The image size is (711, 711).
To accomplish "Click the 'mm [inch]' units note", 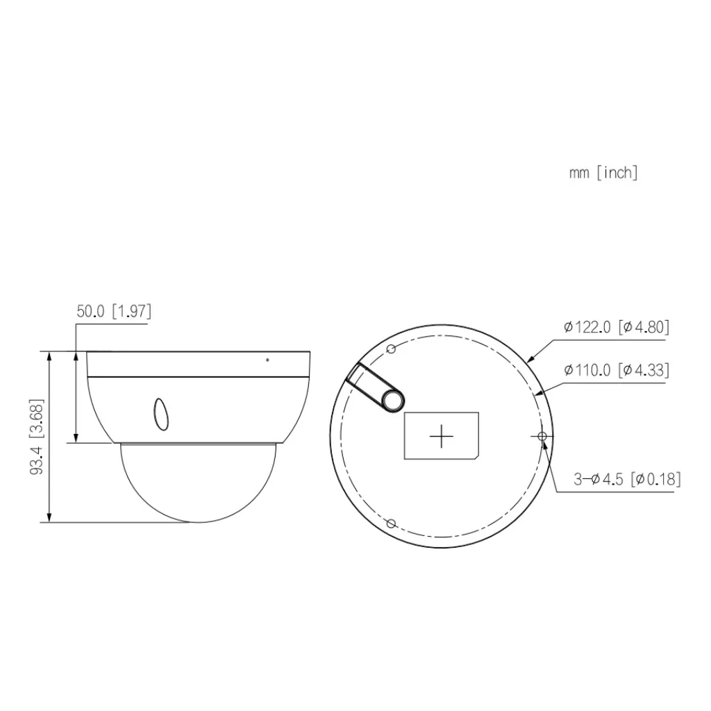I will click(603, 173).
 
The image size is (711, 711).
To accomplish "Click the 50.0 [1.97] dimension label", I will click(113, 311).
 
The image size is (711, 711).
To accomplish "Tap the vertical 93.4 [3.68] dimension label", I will click(37, 436).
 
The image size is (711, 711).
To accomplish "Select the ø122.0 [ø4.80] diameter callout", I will click(617, 328).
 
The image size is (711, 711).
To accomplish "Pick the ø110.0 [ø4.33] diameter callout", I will click(617, 370).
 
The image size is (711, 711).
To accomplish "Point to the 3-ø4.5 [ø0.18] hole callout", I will click(626, 479).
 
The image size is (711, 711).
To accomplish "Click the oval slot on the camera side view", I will click(160, 412).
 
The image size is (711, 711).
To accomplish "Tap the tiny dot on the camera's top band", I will click(267, 360).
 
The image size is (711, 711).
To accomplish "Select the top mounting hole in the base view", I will click(391, 349).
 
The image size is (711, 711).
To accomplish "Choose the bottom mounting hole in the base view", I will click(391, 523).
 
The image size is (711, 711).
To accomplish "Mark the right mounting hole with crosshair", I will click(542, 435).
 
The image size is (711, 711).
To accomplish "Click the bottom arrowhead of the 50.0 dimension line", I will click(76, 438).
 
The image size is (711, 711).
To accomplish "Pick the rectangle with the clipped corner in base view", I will click(441, 435).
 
